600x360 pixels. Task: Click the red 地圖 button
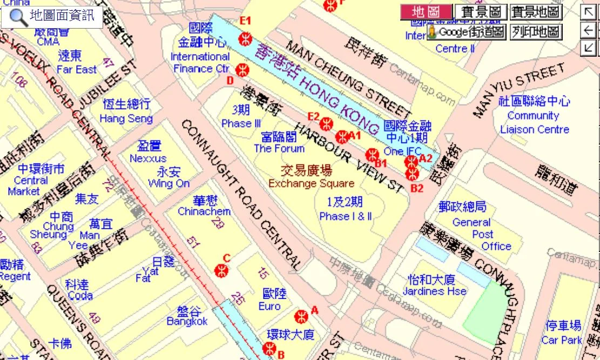[426, 12]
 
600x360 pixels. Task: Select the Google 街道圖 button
[466, 32]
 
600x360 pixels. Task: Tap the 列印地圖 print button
[536, 32]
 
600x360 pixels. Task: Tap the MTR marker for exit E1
[245, 39]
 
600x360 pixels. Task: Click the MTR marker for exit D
[241, 69]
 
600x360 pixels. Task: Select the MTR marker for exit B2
[413, 174]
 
